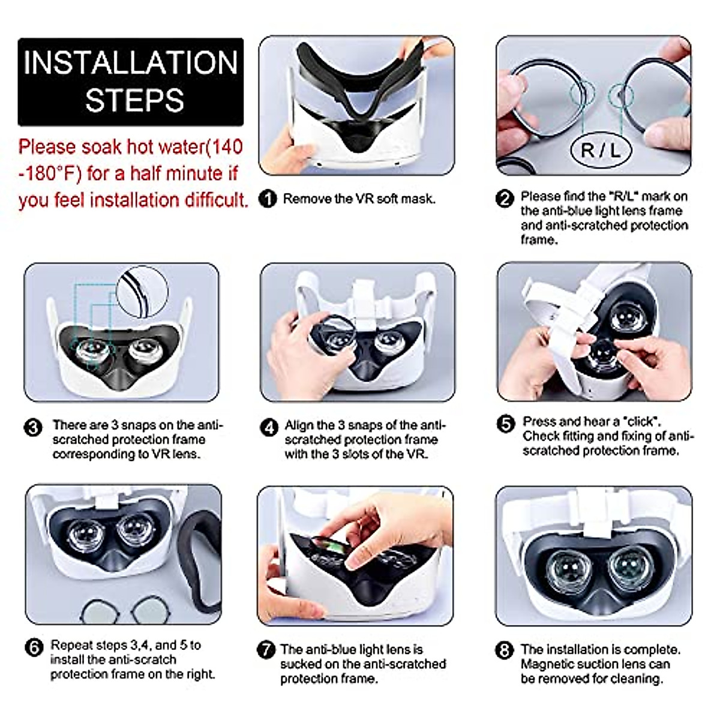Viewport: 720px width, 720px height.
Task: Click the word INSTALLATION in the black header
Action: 131,63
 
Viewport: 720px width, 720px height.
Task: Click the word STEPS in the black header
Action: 134,100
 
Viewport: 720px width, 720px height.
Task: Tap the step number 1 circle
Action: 267,199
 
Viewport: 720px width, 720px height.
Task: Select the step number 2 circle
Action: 505,198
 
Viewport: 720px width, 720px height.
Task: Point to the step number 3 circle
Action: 33,427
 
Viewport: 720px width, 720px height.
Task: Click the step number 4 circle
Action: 269,427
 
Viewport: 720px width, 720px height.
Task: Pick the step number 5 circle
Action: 506,424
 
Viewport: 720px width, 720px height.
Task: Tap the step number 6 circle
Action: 34,647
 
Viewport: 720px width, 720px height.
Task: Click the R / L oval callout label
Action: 600,150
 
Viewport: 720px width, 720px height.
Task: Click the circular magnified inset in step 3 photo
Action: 142,292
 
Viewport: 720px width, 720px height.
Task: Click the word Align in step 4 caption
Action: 299,425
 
